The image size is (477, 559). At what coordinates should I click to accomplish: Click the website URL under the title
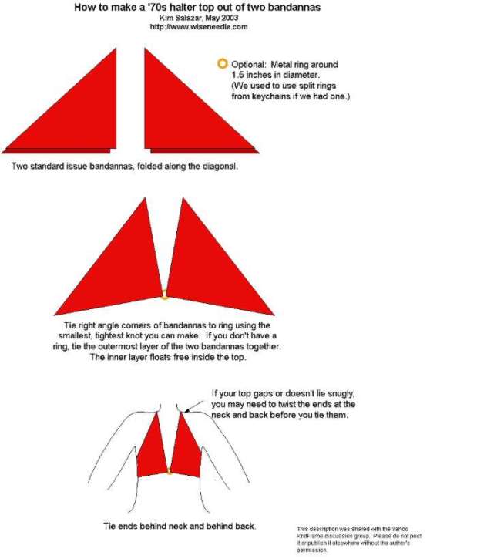tap(198, 27)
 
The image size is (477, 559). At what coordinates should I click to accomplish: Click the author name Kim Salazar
tap(180, 18)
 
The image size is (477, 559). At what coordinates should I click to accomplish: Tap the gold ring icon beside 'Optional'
tap(222, 64)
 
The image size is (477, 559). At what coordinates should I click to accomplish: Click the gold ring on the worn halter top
tap(170, 473)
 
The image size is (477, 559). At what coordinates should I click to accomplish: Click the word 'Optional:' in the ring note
tap(249, 65)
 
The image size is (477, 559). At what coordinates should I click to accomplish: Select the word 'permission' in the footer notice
tap(311, 550)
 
